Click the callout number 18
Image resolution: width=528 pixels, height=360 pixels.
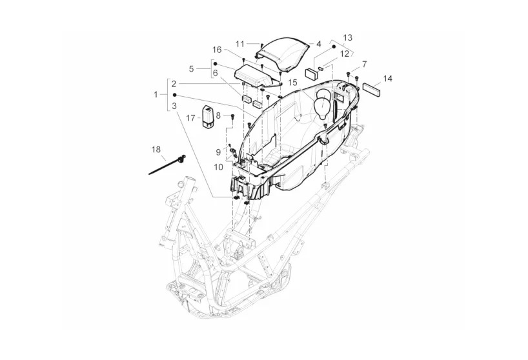156,150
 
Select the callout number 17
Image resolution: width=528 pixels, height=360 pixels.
190,118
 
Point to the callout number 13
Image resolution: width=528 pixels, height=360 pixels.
347,37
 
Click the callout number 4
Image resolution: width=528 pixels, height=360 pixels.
319,44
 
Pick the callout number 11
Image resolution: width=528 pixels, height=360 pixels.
239,44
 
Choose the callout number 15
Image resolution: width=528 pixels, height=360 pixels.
293,83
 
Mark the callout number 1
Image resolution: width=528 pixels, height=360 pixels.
156,95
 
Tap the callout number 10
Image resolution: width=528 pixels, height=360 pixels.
219,167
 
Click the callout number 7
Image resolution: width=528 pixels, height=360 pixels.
364,64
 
